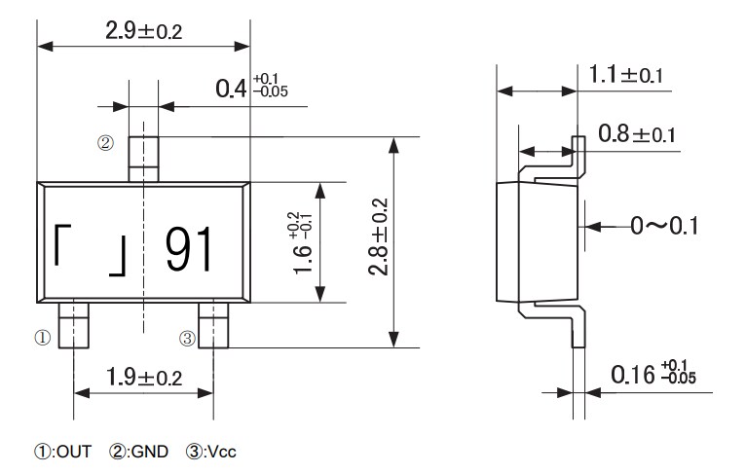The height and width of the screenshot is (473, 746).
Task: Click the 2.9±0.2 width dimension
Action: [x=143, y=30]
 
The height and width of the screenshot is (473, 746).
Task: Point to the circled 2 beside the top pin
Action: [x=105, y=143]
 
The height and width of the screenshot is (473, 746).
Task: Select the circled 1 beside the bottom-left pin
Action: [x=42, y=339]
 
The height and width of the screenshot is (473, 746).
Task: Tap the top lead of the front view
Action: [x=143, y=159]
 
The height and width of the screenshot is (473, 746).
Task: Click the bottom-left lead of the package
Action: [x=74, y=324]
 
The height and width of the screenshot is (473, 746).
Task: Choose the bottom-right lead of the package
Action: [x=213, y=324]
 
